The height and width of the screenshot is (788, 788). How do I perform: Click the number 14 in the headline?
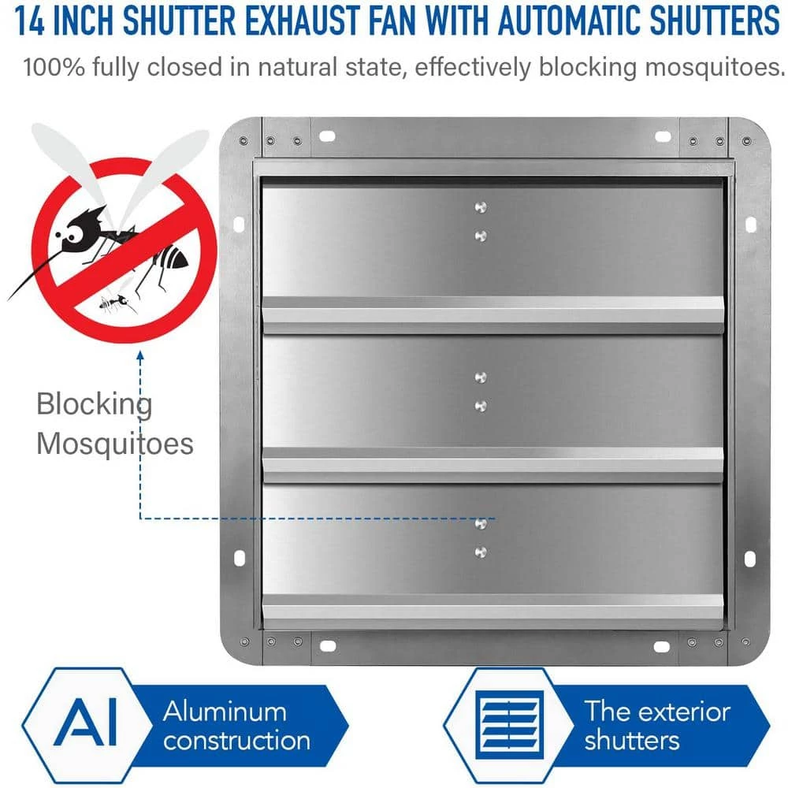coord(30,21)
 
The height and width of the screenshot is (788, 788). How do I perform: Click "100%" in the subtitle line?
coord(54,67)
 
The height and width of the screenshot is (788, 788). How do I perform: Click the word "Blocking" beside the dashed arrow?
coord(94,405)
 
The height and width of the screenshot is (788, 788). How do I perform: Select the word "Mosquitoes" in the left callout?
coord(114,444)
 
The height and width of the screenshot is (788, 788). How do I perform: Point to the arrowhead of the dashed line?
coord(140,355)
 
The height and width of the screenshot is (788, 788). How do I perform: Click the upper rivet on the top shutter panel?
coord(481,206)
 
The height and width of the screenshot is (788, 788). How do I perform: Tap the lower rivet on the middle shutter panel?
coord(481,406)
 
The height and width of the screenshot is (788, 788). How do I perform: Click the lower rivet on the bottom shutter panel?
coord(481,552)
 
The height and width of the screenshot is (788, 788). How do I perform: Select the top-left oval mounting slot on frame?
coord(327,136)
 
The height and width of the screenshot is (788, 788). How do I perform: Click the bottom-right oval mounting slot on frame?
coord(662,647)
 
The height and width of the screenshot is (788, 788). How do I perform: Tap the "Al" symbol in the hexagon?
coord(85,721)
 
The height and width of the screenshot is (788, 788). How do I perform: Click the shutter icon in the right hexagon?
coord(509,724)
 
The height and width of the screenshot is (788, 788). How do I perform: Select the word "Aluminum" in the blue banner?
coord(225,712)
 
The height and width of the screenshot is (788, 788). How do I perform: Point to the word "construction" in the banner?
coord(236,741)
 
